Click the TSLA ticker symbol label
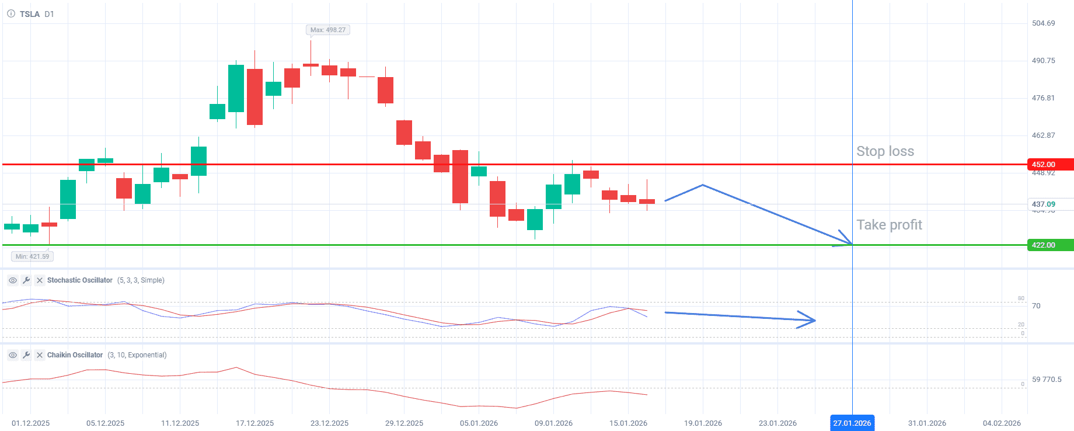(x=29, y=14)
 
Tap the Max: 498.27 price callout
(x=327, y=30)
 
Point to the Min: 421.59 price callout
(x=32, y=256)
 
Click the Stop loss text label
(x=885, y=151)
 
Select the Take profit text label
(x=889, y=225)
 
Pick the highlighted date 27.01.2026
(x=852, y=423)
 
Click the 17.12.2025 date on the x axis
(x=254, y=423)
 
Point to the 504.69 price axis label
(x=1043, y=23)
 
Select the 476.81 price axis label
(x=1043, y=98)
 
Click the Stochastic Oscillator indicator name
(x=79, y=280)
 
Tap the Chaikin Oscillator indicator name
(x=75, y=355)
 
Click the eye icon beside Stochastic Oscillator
(x=12, y=280)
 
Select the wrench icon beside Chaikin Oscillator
(x=26, y=355)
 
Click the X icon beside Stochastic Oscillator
(x=40, y=280)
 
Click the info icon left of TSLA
(x=11, y=14)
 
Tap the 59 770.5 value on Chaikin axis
(x=1047, y=380)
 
